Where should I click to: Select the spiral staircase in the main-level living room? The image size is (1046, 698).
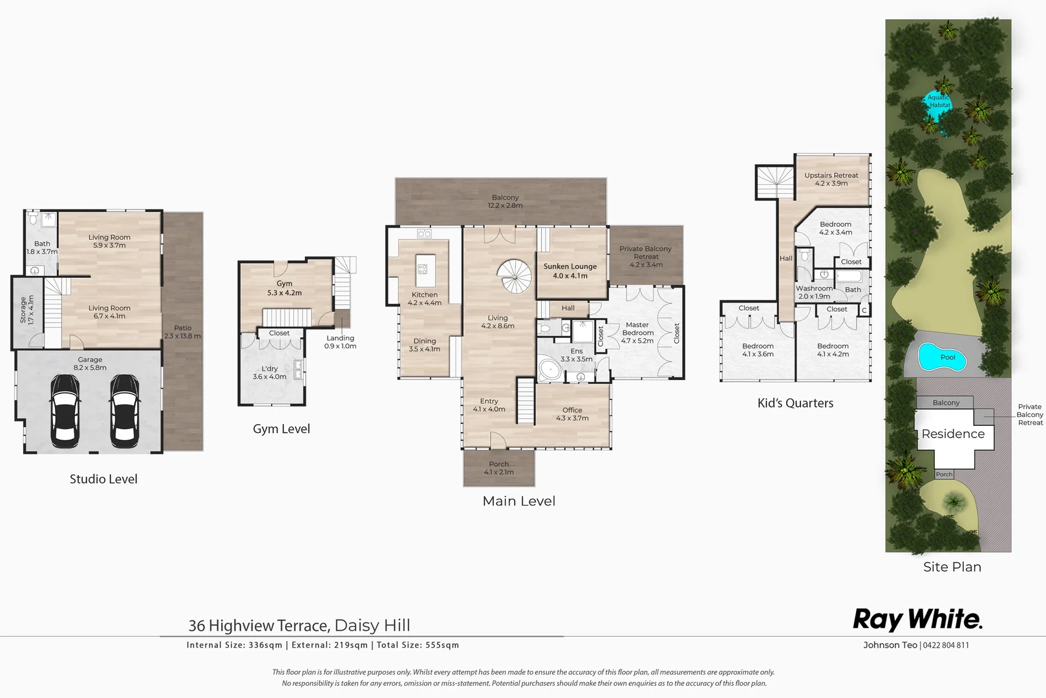click(515, 277)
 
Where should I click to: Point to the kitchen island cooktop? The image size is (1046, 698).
click(423, 269)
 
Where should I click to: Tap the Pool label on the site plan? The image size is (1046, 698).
click(947, 357)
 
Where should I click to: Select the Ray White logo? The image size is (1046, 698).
click(917, 620)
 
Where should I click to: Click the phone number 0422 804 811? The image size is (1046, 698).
click(946, 645)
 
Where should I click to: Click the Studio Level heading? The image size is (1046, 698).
click(103, 479)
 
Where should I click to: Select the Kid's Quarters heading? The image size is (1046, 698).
click(795, 403)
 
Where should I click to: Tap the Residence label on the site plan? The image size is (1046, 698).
click(953, 434)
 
